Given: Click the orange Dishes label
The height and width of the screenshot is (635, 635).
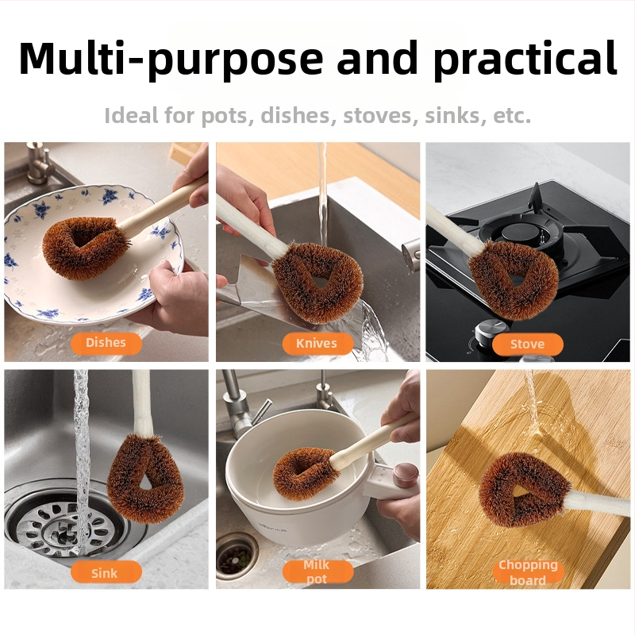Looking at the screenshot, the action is [x=106, y=344].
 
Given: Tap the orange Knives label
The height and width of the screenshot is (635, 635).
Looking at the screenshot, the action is [x=317, y=344].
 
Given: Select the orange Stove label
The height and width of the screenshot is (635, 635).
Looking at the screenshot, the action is [x=528, y=344].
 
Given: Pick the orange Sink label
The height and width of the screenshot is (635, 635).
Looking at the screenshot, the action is [x=106, y=572].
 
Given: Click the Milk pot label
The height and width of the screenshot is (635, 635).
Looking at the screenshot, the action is [x=317, y=571].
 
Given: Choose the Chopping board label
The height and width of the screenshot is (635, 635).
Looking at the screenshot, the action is [x=528, y=572].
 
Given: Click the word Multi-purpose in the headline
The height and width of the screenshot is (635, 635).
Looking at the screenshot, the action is [x=171, y=59].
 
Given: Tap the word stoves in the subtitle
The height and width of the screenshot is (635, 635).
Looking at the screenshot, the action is [x=381, y=115].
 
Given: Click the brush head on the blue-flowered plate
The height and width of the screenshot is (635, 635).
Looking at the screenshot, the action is [x=85, y=248].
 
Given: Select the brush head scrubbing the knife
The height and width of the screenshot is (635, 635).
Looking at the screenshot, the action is [x=318, y=282].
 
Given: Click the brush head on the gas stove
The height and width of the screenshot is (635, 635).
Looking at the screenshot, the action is [x=512, y=279].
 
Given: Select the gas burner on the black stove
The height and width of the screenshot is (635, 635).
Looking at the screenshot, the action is [x=522, y=232].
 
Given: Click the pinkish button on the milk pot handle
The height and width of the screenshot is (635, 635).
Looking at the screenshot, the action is [x=406, y=475].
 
